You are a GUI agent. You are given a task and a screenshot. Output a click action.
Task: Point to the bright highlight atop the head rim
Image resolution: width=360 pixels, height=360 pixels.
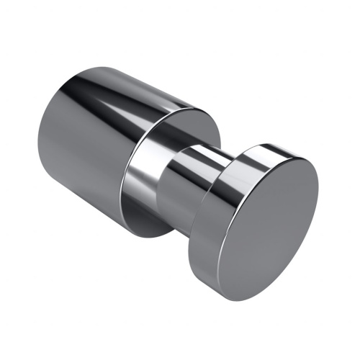[259, 149]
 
